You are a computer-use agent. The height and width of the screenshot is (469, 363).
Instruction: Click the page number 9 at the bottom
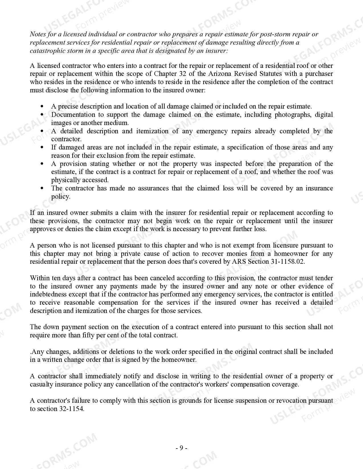pyautogui.click(x=181, y=448)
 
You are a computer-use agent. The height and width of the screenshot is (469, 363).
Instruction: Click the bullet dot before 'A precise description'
pyautogui.click(x=42, y=107)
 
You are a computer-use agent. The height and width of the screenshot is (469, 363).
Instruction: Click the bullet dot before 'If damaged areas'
pyautogui.click(x=42, y=148)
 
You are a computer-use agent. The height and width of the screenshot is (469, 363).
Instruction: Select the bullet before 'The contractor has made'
pyautogui.click(x=42, y=188)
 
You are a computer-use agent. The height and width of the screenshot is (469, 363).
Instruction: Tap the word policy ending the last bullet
pyautogui.click(x=60, y=197)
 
